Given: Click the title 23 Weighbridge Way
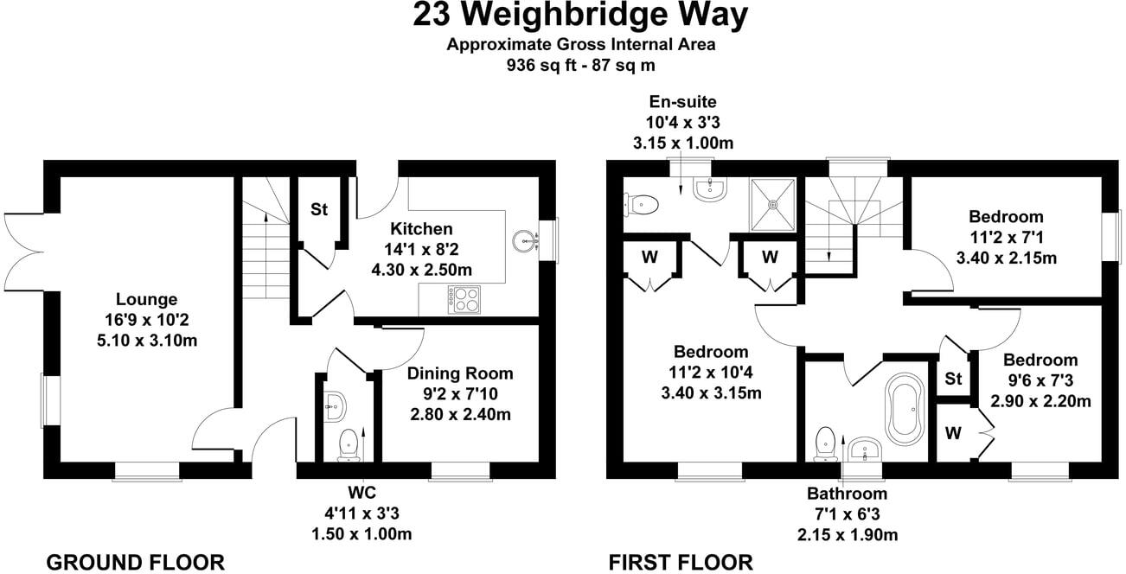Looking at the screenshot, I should (580, 16).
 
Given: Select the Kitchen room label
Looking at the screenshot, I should (421, 229).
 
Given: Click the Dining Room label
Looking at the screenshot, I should (460, 374).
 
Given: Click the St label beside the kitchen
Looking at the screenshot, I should (319, 209).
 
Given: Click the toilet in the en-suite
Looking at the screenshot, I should (640, 204).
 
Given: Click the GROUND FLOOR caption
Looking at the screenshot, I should (134, 562).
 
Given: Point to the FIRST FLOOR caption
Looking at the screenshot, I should (680, 562).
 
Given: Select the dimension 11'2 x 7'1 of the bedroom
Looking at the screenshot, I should (1006, 237).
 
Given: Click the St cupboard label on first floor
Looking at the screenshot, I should (953, 379).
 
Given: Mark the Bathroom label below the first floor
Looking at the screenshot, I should (848, 494).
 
